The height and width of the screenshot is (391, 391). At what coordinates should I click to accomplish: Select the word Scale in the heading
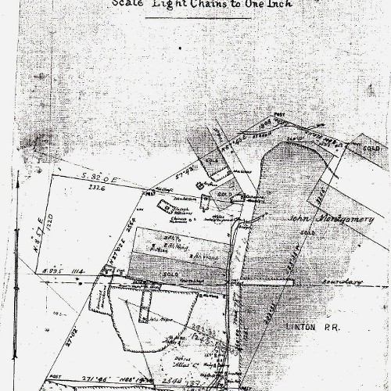click(127, 4)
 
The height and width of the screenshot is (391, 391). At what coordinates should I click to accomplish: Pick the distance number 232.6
click(97, 188)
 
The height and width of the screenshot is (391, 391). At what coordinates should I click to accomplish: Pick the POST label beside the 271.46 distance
click(33, 375)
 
